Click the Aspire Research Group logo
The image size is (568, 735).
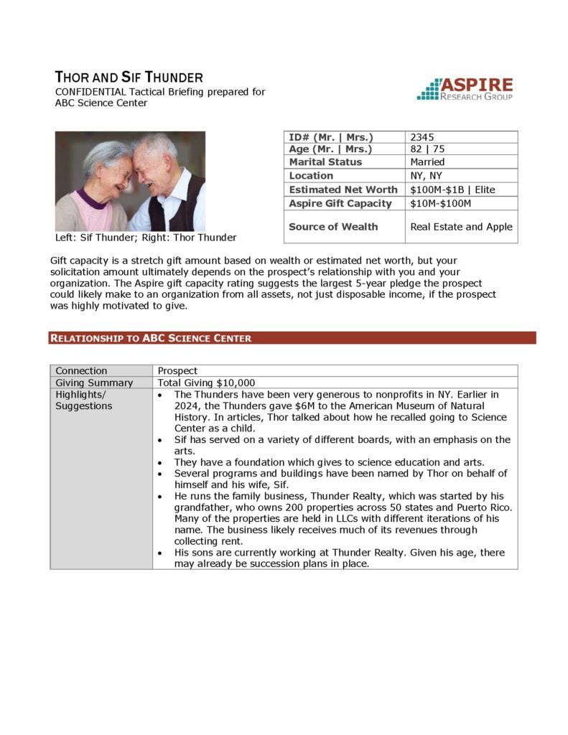465,88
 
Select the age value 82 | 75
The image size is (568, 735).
428,149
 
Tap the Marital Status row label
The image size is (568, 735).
325,162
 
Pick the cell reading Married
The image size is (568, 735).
427,162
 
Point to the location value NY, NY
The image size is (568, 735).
426,176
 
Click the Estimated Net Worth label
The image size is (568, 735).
343,189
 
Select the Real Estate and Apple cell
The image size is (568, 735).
461,227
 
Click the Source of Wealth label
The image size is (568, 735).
333,227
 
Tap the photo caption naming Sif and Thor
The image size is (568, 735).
146,238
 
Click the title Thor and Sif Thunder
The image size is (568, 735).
129,78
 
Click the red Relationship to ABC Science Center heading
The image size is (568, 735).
151,338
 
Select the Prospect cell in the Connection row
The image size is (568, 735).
177,371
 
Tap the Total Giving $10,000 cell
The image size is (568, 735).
207,383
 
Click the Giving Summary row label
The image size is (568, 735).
94,383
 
